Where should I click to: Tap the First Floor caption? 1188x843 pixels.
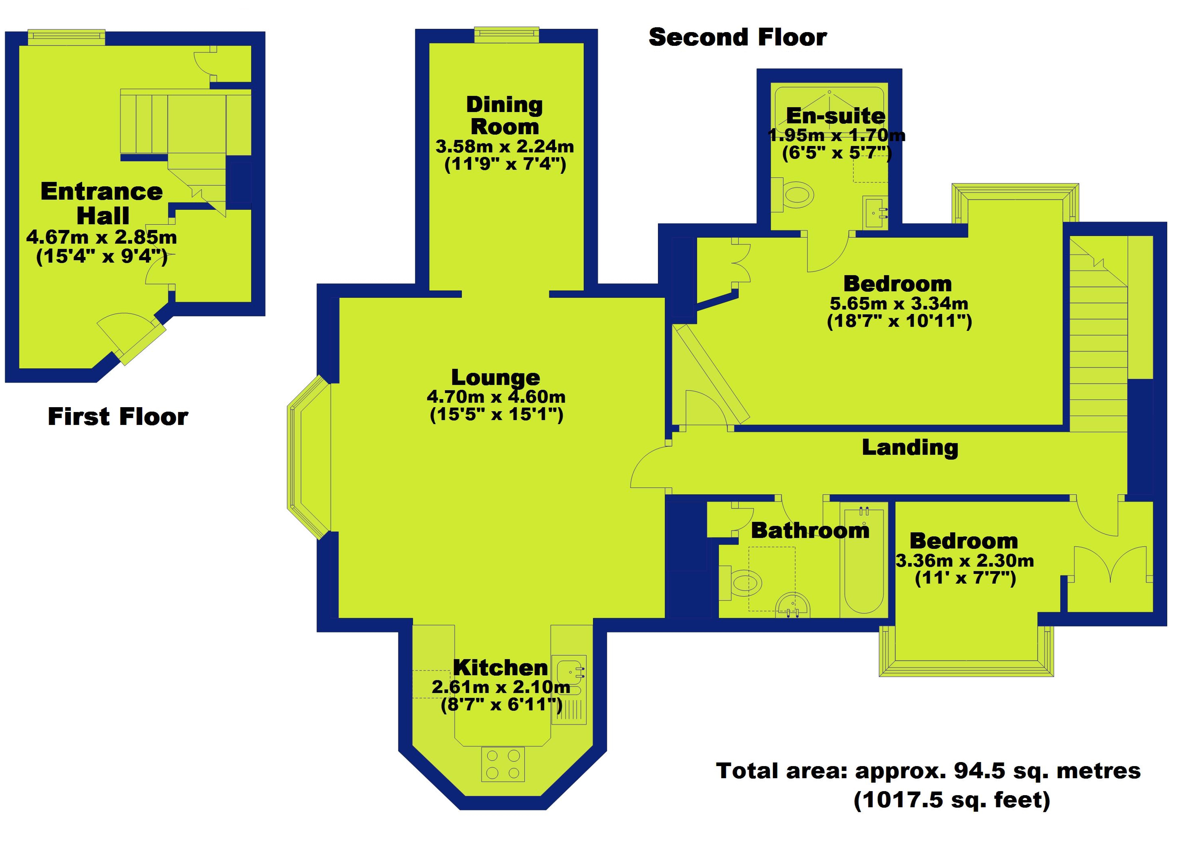click(x=118, y=417)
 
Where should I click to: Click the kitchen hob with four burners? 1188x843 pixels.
click(x=503, y=764)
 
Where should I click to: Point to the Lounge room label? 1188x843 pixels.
click(x=495, y=377)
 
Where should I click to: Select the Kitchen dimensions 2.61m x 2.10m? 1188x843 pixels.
click(x=501, y=687)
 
